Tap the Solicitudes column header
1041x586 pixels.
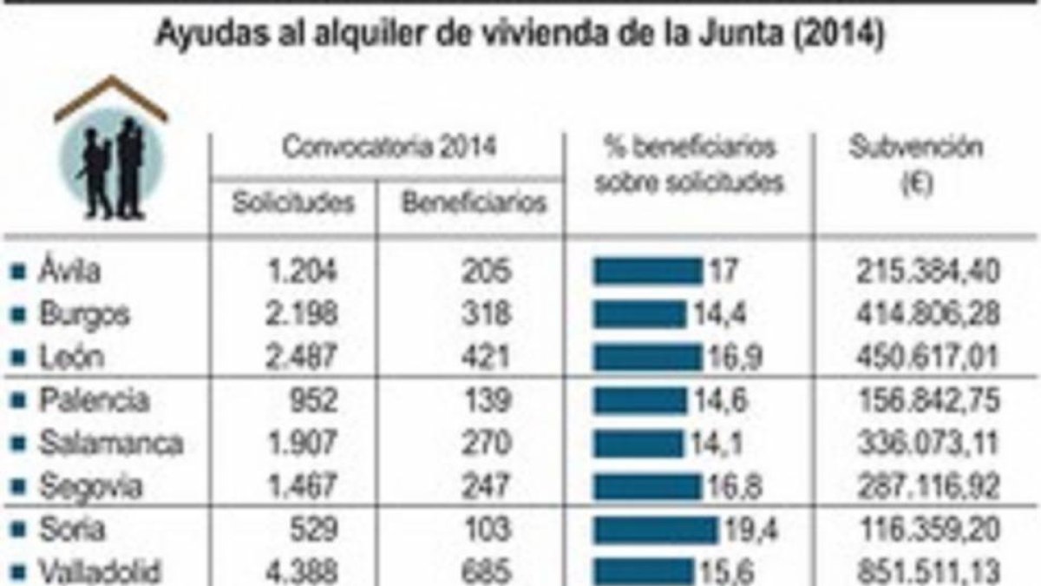point(293,203)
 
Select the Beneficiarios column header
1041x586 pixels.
point(474,203)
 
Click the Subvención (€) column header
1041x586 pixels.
point(916,165)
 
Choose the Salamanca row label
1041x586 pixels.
point(111,443)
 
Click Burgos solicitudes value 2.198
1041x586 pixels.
point(302,313)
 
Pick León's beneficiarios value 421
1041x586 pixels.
point(487,357)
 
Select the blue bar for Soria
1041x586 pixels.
point(655,530)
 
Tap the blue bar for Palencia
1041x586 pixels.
point(640,400)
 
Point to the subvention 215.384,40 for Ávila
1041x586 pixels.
point(928,271)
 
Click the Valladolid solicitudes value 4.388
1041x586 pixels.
point(302,571)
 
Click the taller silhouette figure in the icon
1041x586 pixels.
point(130,168)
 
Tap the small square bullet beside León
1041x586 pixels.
point(18,358)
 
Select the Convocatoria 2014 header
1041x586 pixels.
point(390,148)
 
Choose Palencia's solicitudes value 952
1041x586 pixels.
point(313,400)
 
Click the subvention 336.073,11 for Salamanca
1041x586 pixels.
point(928,444)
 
